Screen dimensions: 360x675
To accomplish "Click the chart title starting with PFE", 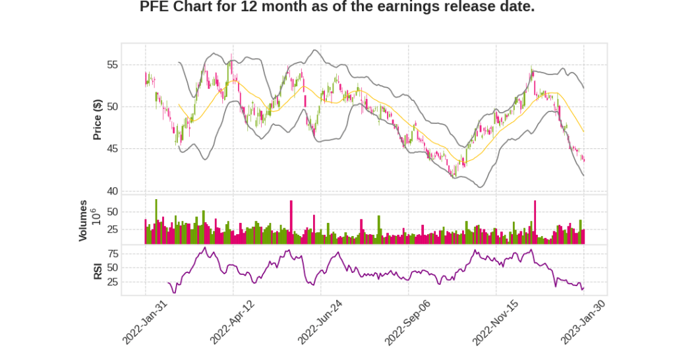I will [337, 7].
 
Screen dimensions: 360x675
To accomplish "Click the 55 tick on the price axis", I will [111, 65].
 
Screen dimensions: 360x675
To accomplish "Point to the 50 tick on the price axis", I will [111, 107].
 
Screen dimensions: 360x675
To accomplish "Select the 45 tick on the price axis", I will [111, 149].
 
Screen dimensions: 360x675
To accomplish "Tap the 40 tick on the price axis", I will [111, 191].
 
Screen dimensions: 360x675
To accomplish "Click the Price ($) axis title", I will [97, 119].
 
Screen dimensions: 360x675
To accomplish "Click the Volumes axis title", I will [83, 220].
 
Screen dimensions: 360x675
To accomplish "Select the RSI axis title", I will [97, 270].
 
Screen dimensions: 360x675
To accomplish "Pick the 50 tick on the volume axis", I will [111, 212].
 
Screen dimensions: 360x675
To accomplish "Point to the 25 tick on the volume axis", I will [111, 229].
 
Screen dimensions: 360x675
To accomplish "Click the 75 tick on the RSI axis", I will [111, 254].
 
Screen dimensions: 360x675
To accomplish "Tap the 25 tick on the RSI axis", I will [111, 282].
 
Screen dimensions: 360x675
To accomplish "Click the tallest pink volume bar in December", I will [535, 222].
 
